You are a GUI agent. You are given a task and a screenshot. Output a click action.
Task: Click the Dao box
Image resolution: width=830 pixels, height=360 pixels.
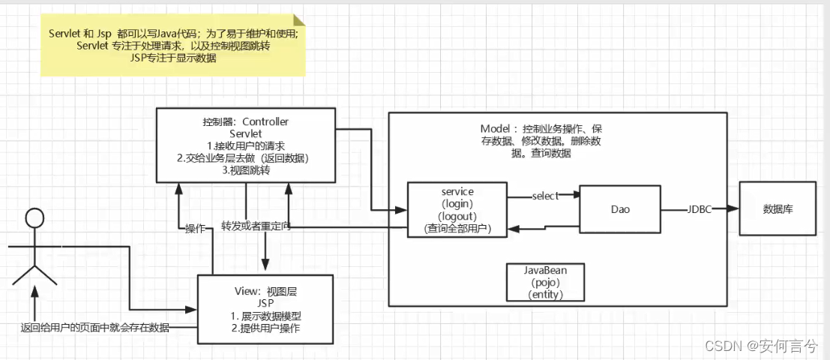point(619,210)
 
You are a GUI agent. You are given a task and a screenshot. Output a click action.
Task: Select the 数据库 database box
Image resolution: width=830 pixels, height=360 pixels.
point(778,209)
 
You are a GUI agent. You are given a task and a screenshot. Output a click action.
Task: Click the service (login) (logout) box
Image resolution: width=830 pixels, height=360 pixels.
point(457,210)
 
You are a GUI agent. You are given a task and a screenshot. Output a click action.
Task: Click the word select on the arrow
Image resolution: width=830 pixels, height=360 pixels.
point(545,196)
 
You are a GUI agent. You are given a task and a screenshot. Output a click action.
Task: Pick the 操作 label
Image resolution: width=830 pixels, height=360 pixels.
point(196,228)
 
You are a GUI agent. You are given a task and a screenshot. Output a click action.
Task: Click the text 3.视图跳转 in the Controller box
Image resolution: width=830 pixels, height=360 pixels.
point(245,171)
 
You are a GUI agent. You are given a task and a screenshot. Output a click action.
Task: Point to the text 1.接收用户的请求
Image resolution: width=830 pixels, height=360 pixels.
point(245,145)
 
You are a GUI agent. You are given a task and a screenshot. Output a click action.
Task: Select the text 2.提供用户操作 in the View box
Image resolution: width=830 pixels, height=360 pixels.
point(266,328)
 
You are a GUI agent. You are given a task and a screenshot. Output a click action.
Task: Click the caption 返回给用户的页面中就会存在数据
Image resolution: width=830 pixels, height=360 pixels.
point(95,328)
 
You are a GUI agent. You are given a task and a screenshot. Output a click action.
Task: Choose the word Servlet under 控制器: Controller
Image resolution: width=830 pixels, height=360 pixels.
point(245,133)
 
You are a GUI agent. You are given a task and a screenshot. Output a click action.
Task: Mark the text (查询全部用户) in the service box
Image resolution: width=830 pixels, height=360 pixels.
point(457,229)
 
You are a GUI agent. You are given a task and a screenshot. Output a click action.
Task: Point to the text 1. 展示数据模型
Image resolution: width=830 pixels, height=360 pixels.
point(266,315)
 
